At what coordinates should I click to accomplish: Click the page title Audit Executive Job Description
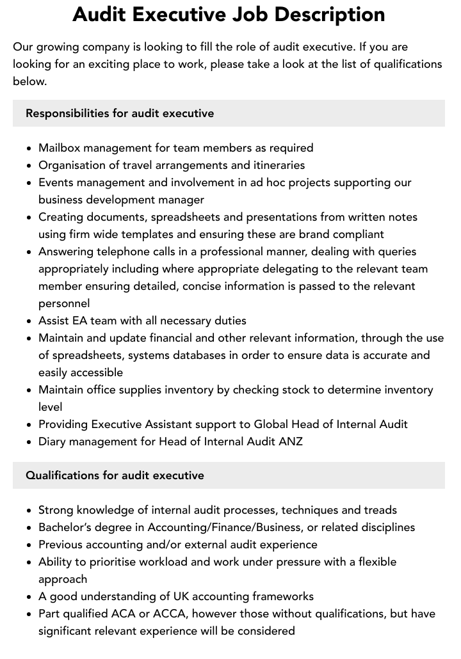pos(229,14)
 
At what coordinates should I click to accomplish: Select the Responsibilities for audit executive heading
pos(120,113)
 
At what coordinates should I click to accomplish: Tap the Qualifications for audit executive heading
pos(115,475)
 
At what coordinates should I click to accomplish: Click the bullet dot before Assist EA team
pos(29,321)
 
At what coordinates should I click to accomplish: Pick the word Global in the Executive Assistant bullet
pos(271,424)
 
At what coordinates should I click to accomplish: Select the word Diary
pos(53,441)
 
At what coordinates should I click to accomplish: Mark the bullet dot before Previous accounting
pos(29,545)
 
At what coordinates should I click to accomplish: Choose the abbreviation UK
pos(181,596)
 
